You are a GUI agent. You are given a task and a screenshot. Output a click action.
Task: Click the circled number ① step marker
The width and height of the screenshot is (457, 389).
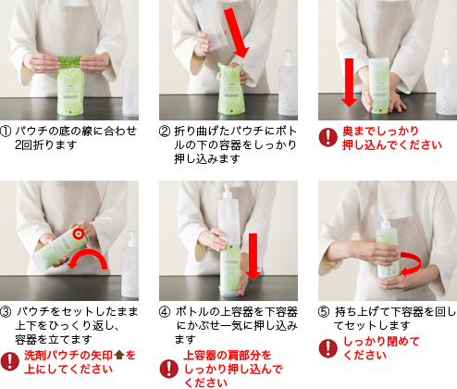click(6, 132)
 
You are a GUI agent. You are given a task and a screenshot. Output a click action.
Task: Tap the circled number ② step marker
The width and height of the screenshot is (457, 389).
click(165, 132)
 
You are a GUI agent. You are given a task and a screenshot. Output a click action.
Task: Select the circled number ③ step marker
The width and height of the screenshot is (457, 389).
click(6, 312)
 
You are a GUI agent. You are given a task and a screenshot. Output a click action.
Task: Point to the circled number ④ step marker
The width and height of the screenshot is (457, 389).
click(165, 312)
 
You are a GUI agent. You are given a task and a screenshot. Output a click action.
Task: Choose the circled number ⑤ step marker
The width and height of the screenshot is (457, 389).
click(324, 312)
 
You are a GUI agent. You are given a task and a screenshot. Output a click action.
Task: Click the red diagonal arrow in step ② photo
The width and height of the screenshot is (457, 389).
click(236, 32)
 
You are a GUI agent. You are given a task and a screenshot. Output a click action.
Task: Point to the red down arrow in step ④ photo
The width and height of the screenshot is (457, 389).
click(253, 257)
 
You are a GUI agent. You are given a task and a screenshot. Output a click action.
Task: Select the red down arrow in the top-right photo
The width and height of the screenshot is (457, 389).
click(349, 82)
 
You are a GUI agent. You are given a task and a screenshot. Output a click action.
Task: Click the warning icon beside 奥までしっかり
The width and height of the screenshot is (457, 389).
click(328, 137)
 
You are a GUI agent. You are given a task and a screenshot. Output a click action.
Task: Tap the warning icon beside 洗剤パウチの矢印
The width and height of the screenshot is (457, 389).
click(10, 361)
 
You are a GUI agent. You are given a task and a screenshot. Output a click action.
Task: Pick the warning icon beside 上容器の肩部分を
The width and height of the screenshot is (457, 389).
click(169, 369)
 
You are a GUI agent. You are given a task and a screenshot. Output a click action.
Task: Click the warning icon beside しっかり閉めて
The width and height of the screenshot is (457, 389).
click(328, 348)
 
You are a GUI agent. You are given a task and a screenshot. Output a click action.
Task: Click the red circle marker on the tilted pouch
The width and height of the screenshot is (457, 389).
click(79, 234)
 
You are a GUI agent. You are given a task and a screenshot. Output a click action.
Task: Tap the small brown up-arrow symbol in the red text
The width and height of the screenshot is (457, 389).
click(119, 356)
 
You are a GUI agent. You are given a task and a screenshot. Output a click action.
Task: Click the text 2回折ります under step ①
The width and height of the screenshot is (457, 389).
click(45, 144)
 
